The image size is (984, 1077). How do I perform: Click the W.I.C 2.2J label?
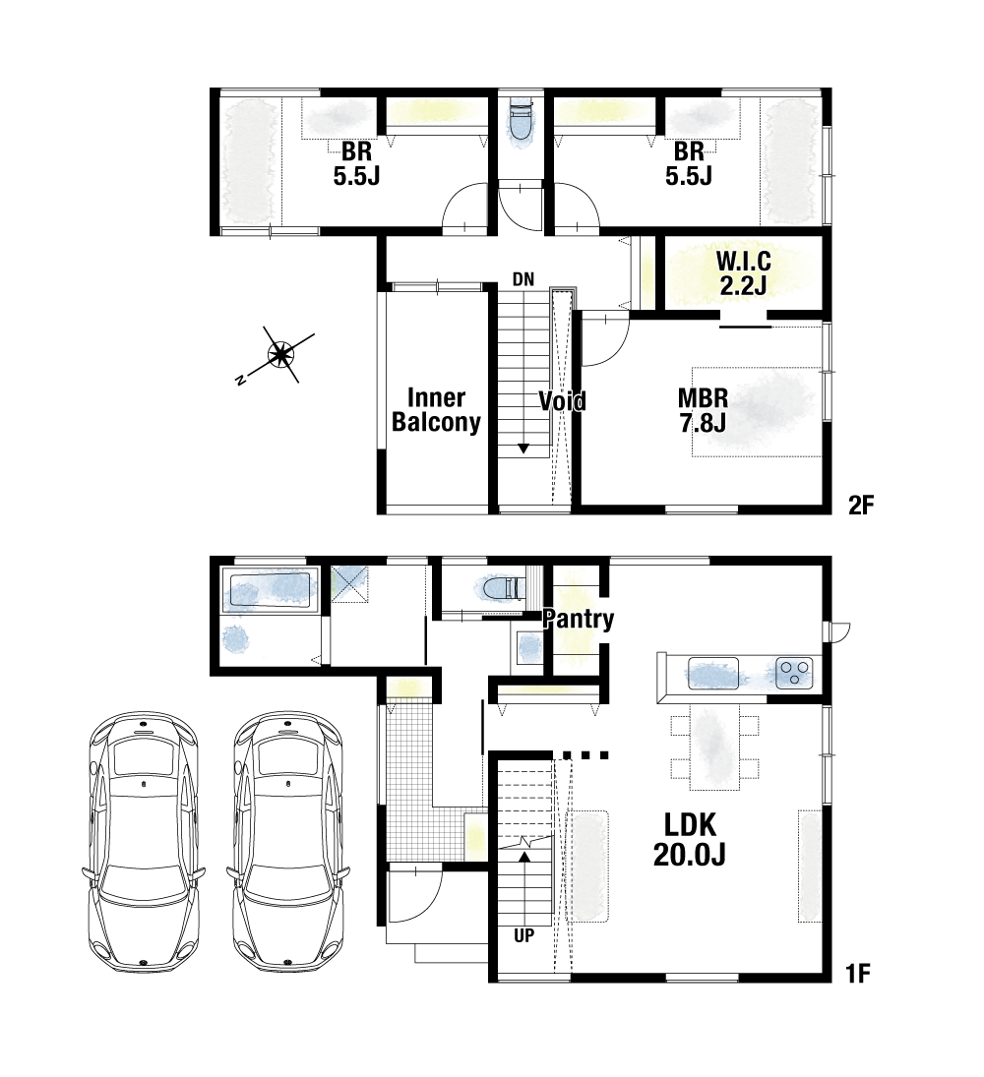pyautogui.click(x=743, y=272)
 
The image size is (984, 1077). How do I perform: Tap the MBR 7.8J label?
pyautogui.click(x=703, y=410)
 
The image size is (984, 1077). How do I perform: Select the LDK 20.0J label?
pyautogui.click(x=689, y=839)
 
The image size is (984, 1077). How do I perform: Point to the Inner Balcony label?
pyautogui.click(x=436, y=409)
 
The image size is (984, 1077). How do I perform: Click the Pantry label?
pyautogui.click(x=578, y=619)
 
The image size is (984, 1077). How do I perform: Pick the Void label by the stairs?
pyautogui.click(x=562, y=400)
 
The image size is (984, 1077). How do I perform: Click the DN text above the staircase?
pyautogui.click(x=523, y=279)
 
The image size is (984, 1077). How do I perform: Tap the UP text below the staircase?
pyautogui.click(x=523, y=935)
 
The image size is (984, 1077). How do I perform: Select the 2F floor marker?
pyautogui.click(x=860, y=506)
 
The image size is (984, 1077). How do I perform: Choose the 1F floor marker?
pyautogui.click(x=859, y=974)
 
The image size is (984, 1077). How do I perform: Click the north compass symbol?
pyautogui.click(x=280, y=355)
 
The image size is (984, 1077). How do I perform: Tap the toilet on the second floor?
pyautogui.click(x=522, y=124)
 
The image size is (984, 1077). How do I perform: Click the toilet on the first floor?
pyautogui.click(x=498, y=588)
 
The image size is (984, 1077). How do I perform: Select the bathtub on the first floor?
pyautogui.click(x=270, y=588)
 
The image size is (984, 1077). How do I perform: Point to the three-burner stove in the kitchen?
pyautogui.click(x=795, y=673)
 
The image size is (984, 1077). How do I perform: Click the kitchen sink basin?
pyautogui.click(x=712, y=673)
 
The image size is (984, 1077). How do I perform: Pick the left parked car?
pyautogui.click(x=144, y=842)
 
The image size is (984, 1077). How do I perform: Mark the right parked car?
pyautogui.click(x=288, y=842)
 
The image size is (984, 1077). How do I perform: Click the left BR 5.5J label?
pyautogui.click(x=356, y=163)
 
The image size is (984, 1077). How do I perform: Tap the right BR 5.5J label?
pyautogui.click(x=689, y=163)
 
